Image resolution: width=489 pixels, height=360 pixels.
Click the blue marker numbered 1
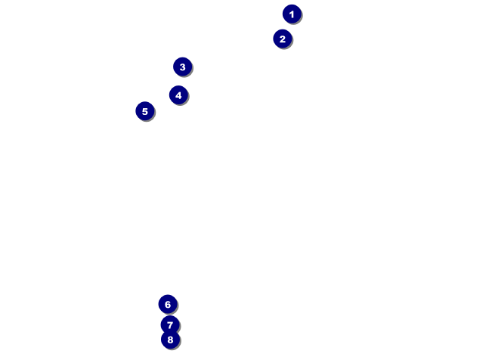click(x=292, y=14)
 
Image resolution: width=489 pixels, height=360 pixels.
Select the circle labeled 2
click(x=283, y=39)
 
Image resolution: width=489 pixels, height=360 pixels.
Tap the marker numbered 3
click(x=183, y=67)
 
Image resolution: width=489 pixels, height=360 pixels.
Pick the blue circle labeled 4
click(x=178, y=95)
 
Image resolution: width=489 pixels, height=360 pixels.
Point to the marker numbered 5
click(x=145, y=111)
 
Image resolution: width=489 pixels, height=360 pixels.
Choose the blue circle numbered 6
click(x=168, y=304)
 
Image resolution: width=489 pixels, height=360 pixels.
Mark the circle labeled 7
click(x=170, y=325)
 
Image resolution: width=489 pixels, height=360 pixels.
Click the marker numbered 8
click(x=170, y=340)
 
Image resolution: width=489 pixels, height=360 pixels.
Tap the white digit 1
click(x=292, y=14)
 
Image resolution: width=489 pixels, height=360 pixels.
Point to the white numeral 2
click(x=283, y=39)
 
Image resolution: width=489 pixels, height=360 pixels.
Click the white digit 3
click(x=183, y=67)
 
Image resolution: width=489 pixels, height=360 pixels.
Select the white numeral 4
click(x=178, y=95)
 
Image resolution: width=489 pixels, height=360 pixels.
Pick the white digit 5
click(x=145, y=112)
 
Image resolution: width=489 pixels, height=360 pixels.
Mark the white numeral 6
click(x=168, y=305)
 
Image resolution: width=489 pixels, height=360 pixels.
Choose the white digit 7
click(x=170, y=325)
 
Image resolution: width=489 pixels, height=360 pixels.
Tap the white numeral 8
click(x=170, y=340)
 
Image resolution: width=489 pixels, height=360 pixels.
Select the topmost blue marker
click(x=292, y=14)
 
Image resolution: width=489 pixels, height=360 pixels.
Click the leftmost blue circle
click(x=145, y=111)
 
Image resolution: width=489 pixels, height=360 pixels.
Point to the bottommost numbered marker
click(x=170, y=340)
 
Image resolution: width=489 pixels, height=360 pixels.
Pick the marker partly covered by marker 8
click(x=170, y=325)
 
